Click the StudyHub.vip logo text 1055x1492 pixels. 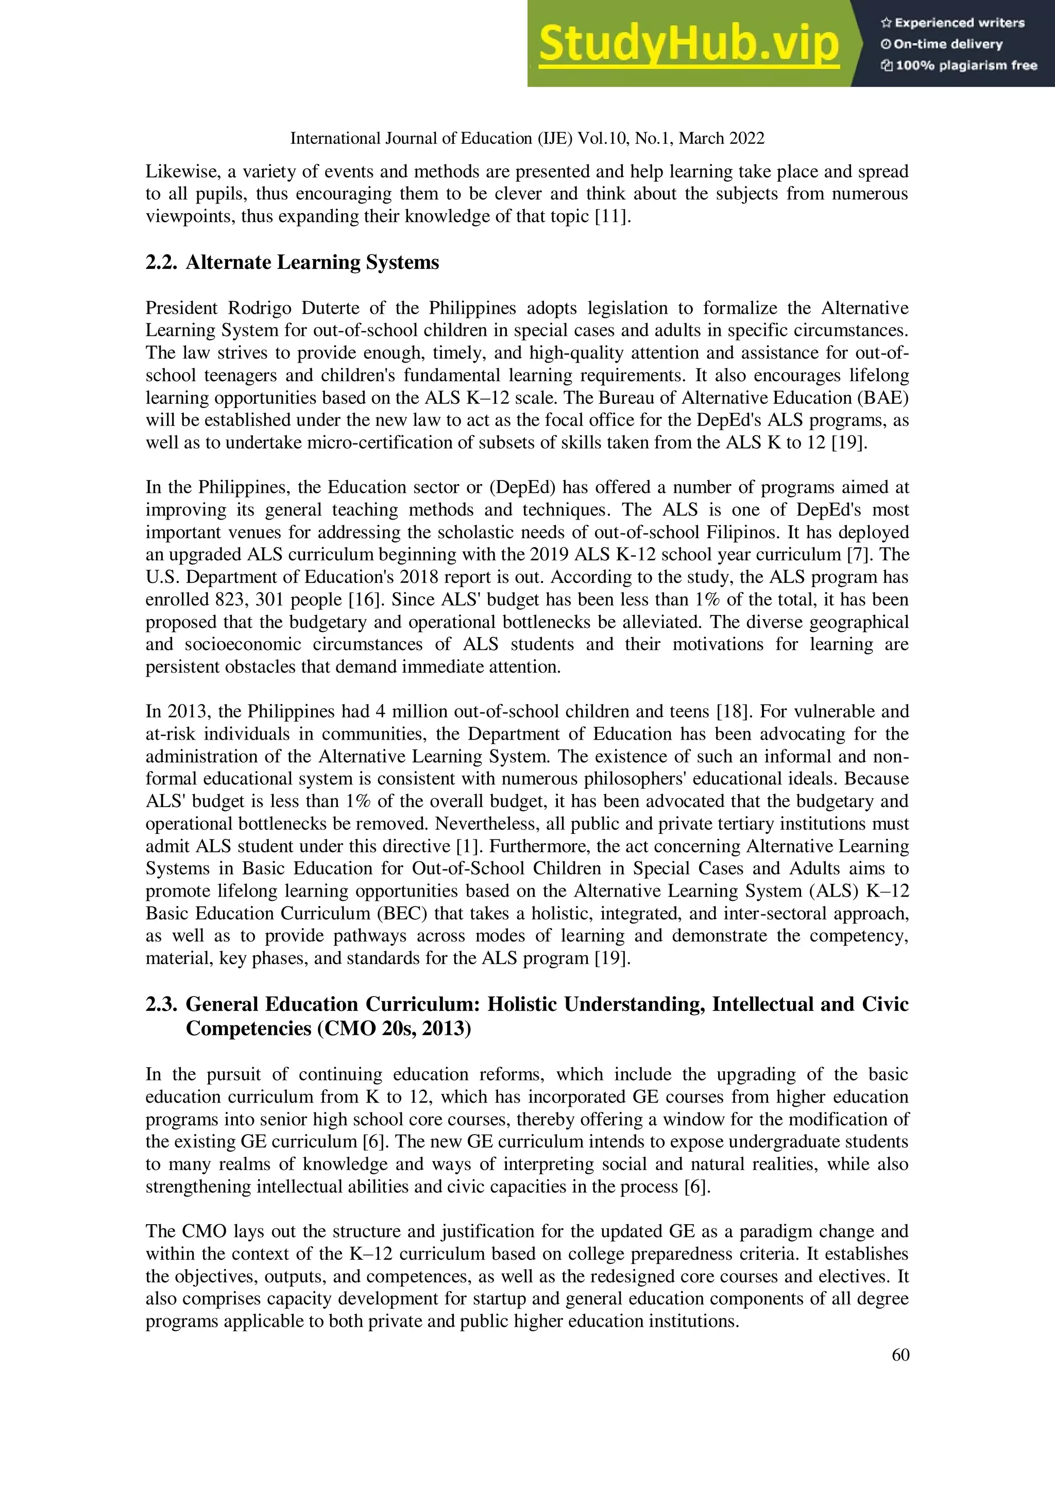[688, 44]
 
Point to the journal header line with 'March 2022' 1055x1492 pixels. [527, 139]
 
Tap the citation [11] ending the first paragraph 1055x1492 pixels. [613, 216]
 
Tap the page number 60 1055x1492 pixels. [900, 1355]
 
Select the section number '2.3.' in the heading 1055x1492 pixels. [161, 1005]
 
